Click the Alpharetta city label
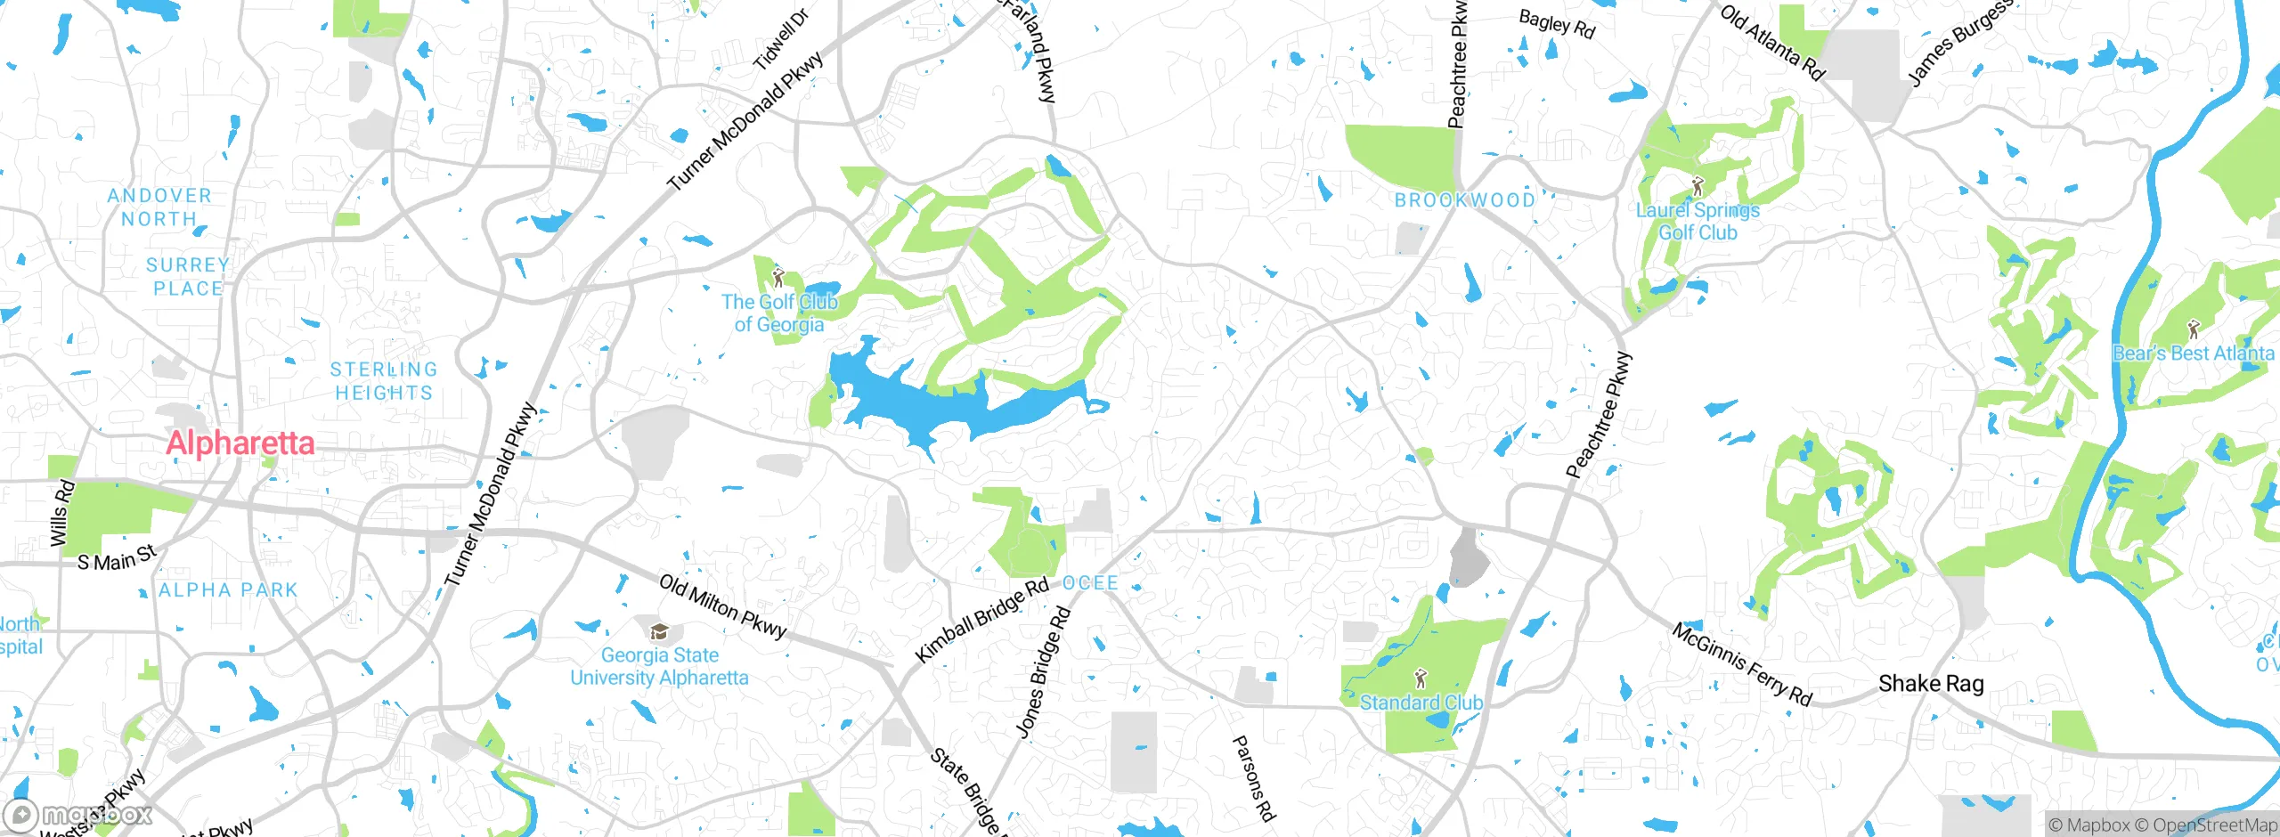[x=240, y=443]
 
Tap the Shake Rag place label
[x=1931, y=684]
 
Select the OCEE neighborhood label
[x=1090, y=583]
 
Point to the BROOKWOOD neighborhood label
[x=1465, y=200]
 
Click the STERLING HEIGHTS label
[x=384, y=381]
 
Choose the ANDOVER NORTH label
[x=159, y=207]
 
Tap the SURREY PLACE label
[x=188, y=277]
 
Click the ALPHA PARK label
[x=228, y=590]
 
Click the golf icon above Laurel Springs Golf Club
[x=1698, y=187]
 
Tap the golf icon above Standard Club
[x=1421, y=679]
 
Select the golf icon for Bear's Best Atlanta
[x=2193, y=330]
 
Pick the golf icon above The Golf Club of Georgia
[x=778, y=278]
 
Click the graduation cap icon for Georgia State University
[x=659, y=632]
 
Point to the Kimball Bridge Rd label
[x=982, y=621]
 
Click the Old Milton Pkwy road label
[x=723, y=606]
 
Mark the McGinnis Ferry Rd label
[x=1741, y=664]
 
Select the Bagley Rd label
[x=1556, y=24]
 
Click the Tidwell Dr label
[x=781, y=40]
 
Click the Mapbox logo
[x=78, y=815]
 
